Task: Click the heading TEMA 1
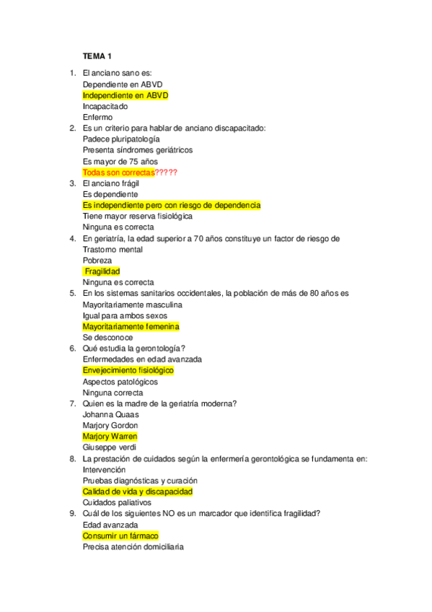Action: [97, 56]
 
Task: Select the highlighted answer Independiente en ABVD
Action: [125, 95]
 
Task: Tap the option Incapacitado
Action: [105, 106]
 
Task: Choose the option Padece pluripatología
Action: [121, 139]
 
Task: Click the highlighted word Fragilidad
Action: [102, 271]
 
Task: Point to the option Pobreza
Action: [97, 261]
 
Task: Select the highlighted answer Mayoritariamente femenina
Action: [131, 326]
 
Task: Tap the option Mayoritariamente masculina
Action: [132, 305]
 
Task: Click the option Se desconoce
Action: [107, 337]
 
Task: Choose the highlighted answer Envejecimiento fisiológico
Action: [128, 370]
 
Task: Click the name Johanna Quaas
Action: [111, 414]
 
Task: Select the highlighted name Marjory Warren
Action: [110, 437]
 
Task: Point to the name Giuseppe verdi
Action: [110, 447]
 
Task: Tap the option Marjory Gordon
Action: [110, 425]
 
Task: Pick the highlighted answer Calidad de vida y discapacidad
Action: [138, 491]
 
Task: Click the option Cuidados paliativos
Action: [117, 502]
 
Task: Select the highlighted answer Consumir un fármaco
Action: [120, 535]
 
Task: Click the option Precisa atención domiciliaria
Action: [133, 546]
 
